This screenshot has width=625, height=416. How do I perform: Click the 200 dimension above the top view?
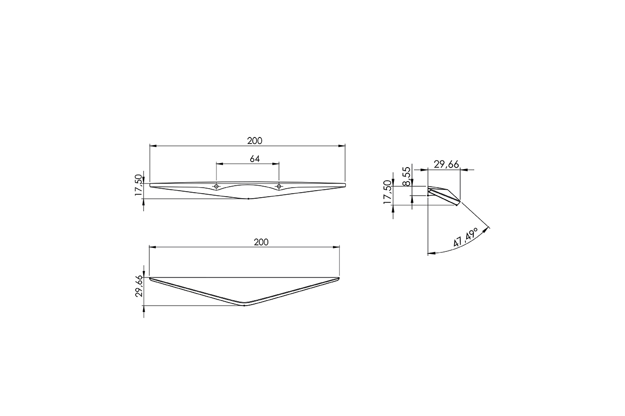(x=255, y=141)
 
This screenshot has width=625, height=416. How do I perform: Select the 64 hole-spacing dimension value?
(x=255, y=159)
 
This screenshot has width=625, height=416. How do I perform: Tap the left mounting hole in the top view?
(x=216, y=186)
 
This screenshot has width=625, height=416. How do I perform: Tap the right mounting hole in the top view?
(x=279, y=186)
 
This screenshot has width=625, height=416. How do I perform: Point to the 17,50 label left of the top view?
(x=138, y=185)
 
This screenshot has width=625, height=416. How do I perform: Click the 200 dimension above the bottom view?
(x=261, y=242)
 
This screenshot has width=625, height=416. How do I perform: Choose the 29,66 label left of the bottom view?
(x=139, y=287)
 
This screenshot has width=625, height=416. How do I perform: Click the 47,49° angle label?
(x=465, y=237)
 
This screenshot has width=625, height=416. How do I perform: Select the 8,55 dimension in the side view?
(x=407, y=176)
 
